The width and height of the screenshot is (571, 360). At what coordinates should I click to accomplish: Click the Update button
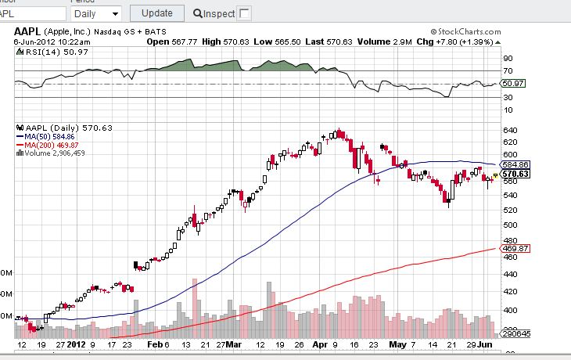pyautogui.click(x=157, y=13)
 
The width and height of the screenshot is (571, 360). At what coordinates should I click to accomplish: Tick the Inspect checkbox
pyautogui.click(x=244, y=13)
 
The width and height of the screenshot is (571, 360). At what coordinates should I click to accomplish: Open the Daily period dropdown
pyautogui.click(x=96, y=13)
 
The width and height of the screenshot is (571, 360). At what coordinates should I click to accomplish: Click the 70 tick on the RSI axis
pyautogui.click(x=508, y=71)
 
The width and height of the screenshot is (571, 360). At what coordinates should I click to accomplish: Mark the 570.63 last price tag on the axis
pyautogui.click(x=515, y=174)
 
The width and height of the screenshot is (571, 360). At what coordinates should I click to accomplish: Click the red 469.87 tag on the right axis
pyautogui.click(x=515, y=248)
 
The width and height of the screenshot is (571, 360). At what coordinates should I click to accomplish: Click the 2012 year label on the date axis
pyautogui.click(x=76, y=344)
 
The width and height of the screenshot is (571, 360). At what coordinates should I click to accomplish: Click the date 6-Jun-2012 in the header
pyautogui.click(x=35, y=41)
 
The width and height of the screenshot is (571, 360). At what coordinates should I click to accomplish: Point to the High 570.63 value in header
pyautogui.click(x=222, y=41)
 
